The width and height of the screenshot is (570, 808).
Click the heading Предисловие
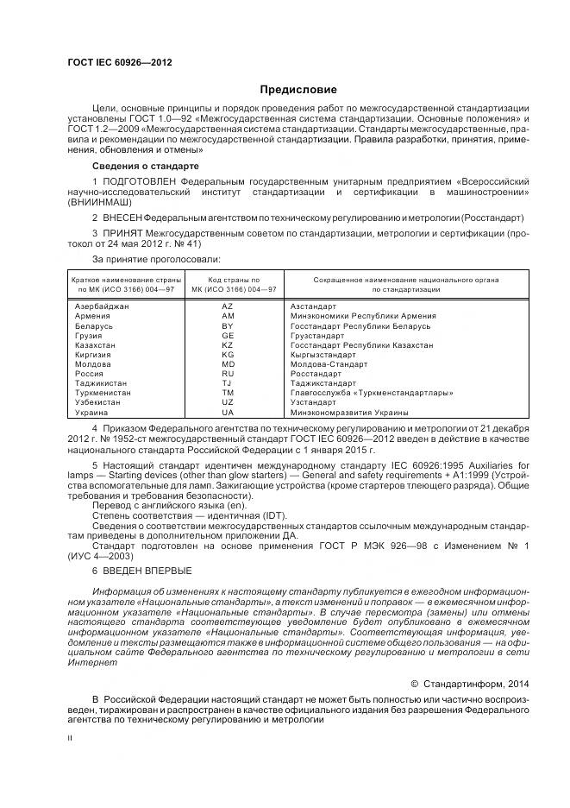tap(299, 90)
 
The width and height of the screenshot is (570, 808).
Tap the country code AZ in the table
tap(228, 306)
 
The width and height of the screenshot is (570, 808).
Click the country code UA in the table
tap(228, 413)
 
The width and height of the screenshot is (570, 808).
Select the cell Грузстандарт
tap(323, 335)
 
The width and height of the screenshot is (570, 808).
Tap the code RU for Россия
tap(228, 374)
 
